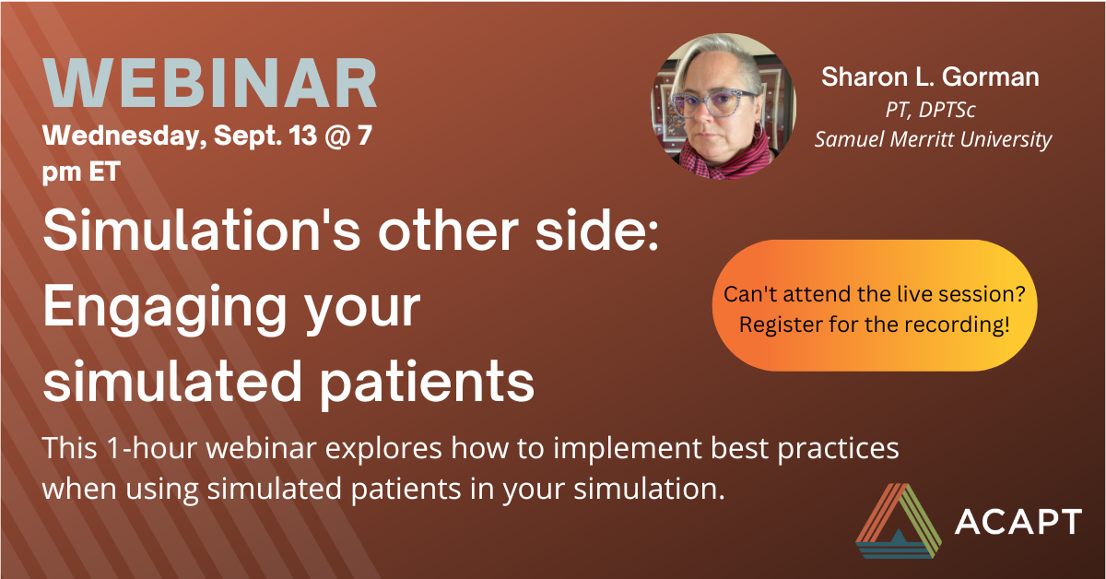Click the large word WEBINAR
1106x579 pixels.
tap(210, 82)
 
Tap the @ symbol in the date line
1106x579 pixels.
tap(337, 136)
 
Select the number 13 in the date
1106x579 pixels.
tap(302, 135)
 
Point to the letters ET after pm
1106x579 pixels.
tap(105, 171)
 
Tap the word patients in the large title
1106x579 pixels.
tap(427, 382)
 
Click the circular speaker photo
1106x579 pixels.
tap(724, 106)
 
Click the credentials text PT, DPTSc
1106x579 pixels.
tap(930, 110)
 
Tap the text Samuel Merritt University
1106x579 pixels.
tap(933, 139)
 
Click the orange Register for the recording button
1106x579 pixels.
tap(875, 305)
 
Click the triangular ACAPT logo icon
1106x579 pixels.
tap(898, 521)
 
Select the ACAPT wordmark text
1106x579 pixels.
tap(1018, 522)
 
